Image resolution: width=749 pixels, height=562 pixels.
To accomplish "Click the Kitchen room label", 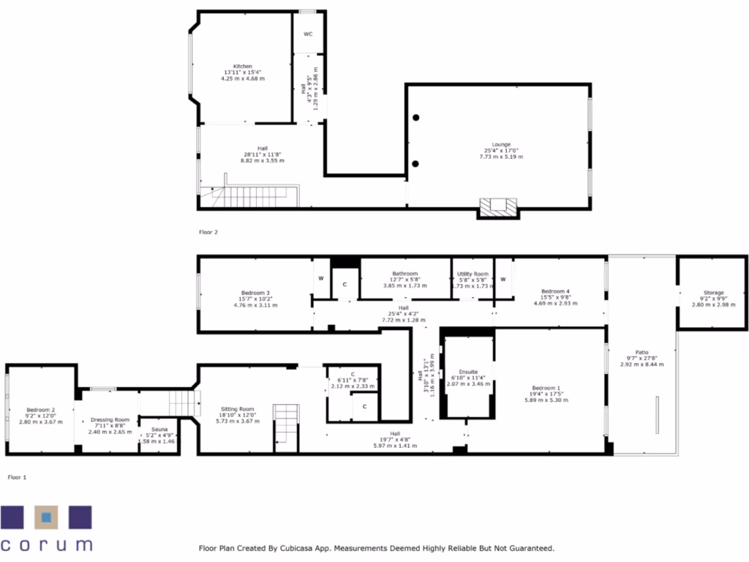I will (243, 67).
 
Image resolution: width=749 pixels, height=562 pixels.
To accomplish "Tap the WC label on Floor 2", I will (308, 34).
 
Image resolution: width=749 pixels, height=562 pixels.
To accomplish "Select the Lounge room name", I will (501, 145).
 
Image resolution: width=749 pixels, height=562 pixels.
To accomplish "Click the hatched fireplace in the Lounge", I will (498, 208).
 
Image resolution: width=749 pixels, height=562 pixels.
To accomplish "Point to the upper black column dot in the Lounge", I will (415, 118).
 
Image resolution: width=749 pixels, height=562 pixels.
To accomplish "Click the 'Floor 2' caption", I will (208, 232).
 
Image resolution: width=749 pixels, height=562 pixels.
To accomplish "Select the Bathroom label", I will (404, 274).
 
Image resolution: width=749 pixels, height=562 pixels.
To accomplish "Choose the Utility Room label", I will (473, 274).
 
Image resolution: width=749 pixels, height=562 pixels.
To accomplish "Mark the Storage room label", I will (713, 293).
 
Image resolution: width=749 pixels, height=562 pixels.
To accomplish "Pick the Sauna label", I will (159, 430).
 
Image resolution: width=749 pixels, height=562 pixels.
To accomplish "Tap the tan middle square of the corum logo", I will (46, 518).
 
